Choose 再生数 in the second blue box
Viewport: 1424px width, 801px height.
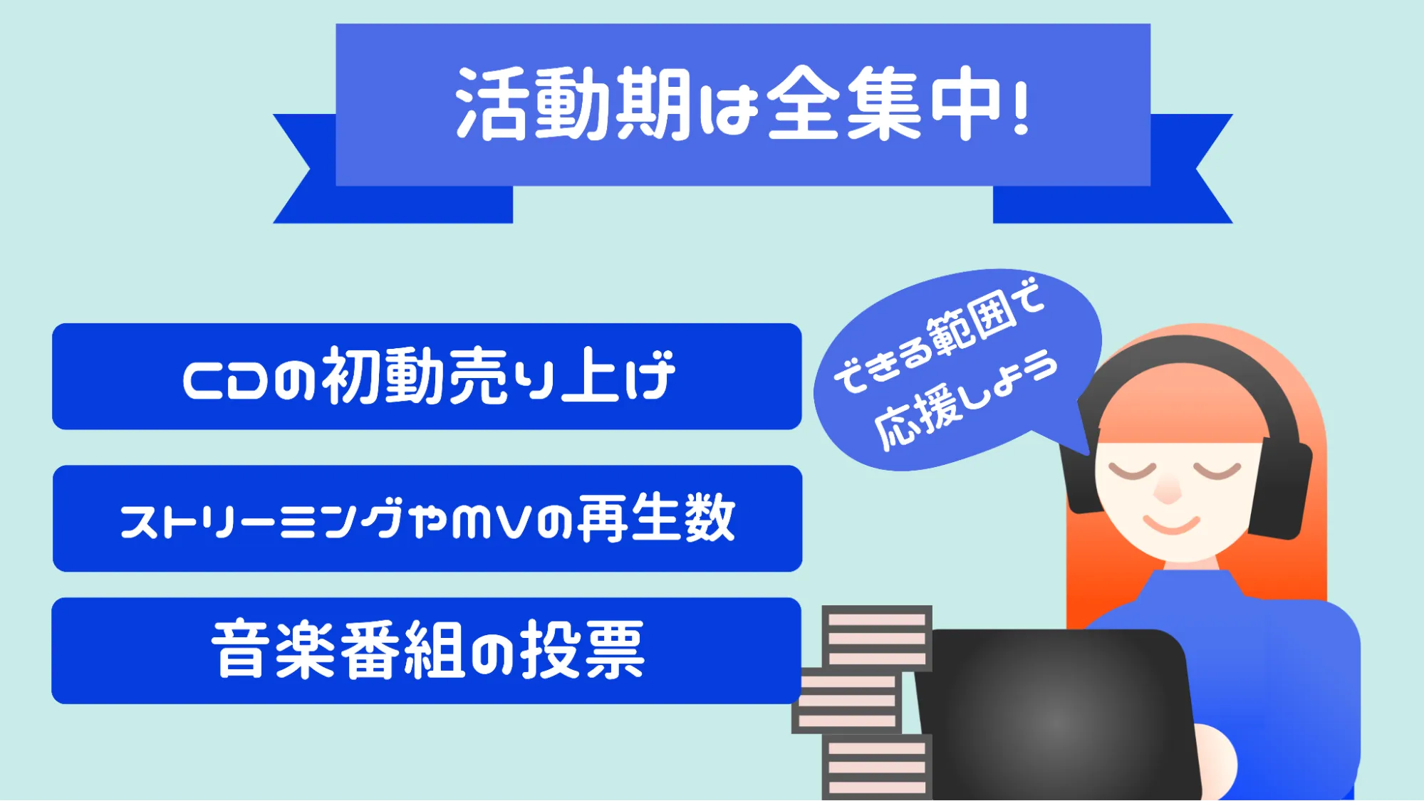[x=655, y=518]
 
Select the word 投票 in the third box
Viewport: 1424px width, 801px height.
[x=581, y=649]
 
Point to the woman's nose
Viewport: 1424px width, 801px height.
[x=1168, y=490]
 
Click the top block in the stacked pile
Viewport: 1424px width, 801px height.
[x=877, y=638]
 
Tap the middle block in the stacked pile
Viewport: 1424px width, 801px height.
[x=847, y=701]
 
